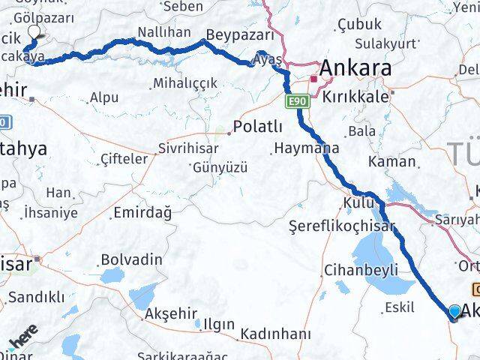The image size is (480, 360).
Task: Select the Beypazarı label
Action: pos(235,36)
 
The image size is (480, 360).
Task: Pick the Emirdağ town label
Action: pos(142,213)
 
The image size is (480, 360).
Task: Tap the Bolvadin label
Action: pos(133,259)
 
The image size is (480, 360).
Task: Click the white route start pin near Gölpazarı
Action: pos(34,31)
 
